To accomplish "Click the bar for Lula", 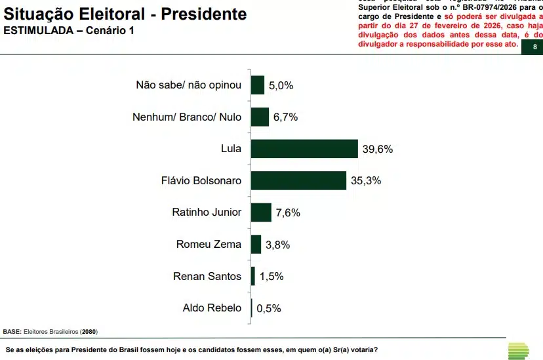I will pyautogui.click(x=304, y=149).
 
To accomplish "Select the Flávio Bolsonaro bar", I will pyautogui.click(x=298, y=180).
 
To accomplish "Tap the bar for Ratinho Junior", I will pyautogui.click(x=261, y=212).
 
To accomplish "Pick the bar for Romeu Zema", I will pyautogui.click(x=256, y=245).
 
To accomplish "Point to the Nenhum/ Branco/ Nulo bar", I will pyautogui.click(x=260, y=117).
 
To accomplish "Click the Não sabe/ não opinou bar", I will pyautogui.click(x=257, y=85).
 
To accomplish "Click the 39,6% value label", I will pyautogui.click(x=377, y=149).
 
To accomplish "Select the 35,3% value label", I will pyautogui.click(x=366, y=180).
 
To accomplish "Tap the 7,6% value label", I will pyautogui.click(x=287, y=212).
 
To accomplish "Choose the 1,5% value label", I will pyautogui.click(x=271, y=276).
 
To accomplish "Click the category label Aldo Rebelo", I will pyautogui.click(x=212, y=308).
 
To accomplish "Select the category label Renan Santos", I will pyautogui.click(x=207, y=276).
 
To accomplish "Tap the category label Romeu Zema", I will pyautogui.click(x=209, y=245).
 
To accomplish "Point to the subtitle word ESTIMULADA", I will pyautogui.click(x=37, y=31).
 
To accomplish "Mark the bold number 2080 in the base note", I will pyautogui.click(x=88, y=332).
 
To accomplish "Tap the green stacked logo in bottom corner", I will pyautogui.click(x=519, y=350).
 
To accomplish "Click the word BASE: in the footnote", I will pyautogui.click(x=12, y=332).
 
